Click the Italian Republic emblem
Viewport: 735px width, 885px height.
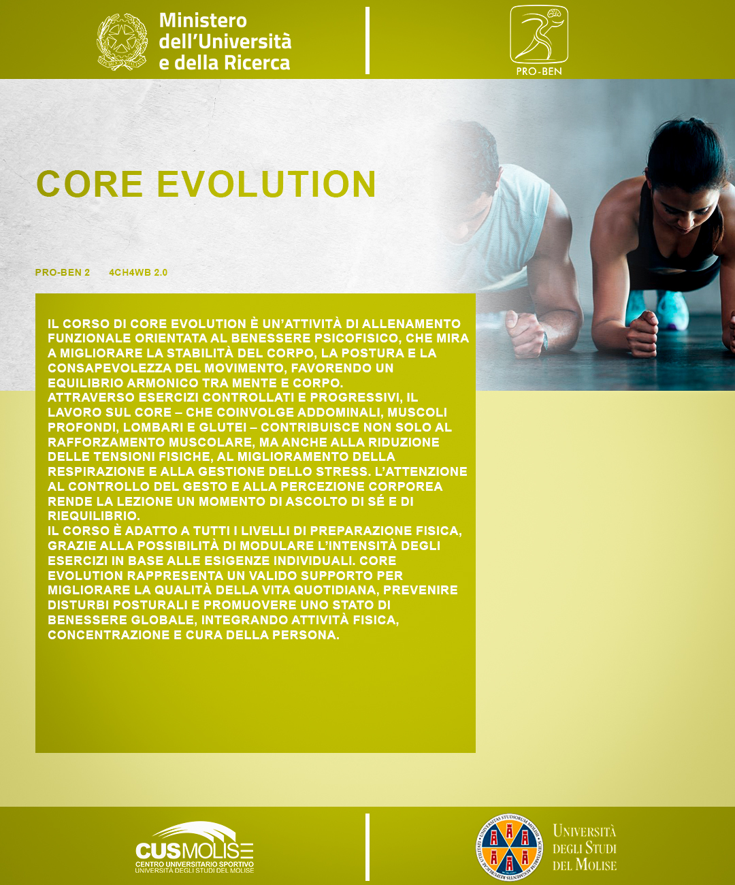tap(122, 42)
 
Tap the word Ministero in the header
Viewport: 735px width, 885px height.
tap(203, 20)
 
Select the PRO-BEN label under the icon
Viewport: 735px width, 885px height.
tap(538, 71)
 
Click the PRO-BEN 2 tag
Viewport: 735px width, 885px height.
tap(63, 272)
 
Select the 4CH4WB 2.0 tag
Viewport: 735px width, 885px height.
tap(138, 272)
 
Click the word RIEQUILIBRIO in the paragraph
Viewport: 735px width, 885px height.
tap(93, 516)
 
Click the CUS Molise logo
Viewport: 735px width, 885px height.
tap(195, 848)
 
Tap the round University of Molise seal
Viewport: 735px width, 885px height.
tap(509, 848)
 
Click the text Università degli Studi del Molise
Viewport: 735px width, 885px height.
tap(584, 848)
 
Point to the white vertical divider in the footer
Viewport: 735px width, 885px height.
tap(367, 847)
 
